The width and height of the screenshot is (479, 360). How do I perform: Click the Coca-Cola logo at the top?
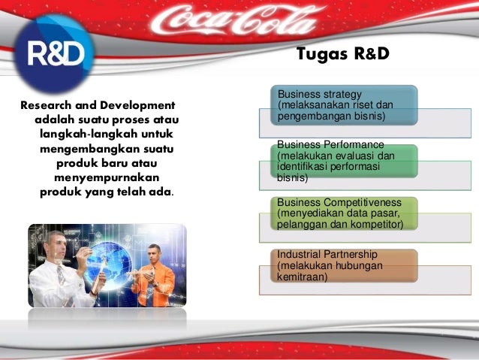(233, 20)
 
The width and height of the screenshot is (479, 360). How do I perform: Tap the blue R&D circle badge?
(54, 53)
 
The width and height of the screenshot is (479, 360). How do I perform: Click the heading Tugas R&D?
(343, 54)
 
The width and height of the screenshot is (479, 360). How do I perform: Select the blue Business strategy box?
(344, 105)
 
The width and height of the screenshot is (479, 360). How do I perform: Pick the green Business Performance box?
(344, 161)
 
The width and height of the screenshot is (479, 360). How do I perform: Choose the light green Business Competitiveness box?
(344, 213)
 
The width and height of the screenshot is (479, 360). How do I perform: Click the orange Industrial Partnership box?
(344, 265)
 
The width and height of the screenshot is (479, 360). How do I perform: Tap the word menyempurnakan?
(107, 178)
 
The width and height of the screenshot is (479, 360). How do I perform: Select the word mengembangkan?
(90, 150)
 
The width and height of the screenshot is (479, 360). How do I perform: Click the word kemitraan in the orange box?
(302, 277)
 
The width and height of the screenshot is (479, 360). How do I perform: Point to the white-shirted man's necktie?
(61, 274)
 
